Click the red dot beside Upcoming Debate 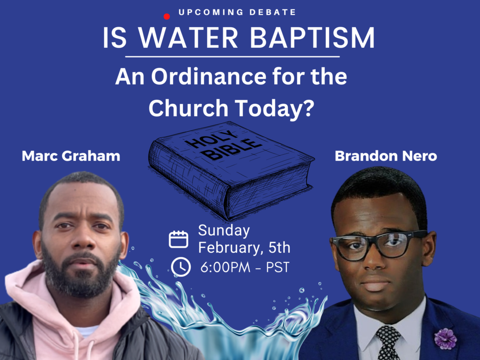point(166,16)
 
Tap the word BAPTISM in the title point(312,37)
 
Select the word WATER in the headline point(188,37)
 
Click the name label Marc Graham point(71,156)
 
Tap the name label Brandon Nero point(386,156)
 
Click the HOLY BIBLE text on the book point(224,144)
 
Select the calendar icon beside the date point(179,239)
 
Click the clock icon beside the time point(180,267)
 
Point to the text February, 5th point(244,247)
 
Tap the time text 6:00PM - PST point(245,267)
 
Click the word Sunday point(224,231)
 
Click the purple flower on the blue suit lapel point(445,339)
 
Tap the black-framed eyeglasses point(379,245)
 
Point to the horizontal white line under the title point(232,57)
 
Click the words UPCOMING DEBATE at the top point(237,12)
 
